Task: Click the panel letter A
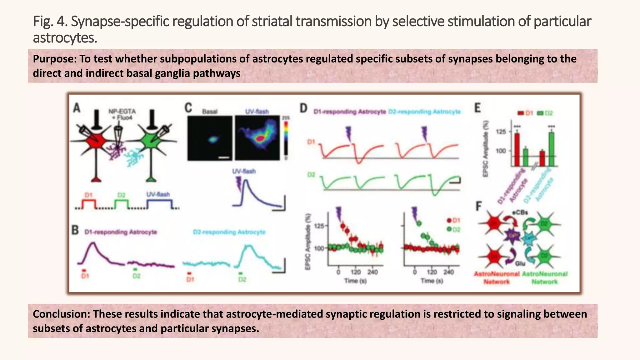pyautogui.click(x=77, y=108)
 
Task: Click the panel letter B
pyautogui.click(x=75, y=230)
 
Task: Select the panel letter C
pyautogui.click(x=188, y=108)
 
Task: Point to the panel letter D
pyautogui.click(x=304, y=108)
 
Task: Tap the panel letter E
pyautogui.click(x=477, y=108)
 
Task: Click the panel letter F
pyautogui.click(x=478, y=206)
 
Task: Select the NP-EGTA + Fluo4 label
pyautogui.click(x=122, y=114)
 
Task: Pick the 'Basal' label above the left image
pyautogui.click(x=210, y=112)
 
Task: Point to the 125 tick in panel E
pyautogui.click(x=501, y=132)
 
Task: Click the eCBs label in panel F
pyautogui.click(x=520, y=212)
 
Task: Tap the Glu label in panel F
pyautogui.click(x=520, y=264)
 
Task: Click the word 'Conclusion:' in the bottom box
pyautogui.click(x=62, y=314)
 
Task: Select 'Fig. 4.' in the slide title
pyautogui.click(x=50, y=22)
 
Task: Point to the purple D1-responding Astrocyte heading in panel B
pyautogui.click(x=121, y=232)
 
